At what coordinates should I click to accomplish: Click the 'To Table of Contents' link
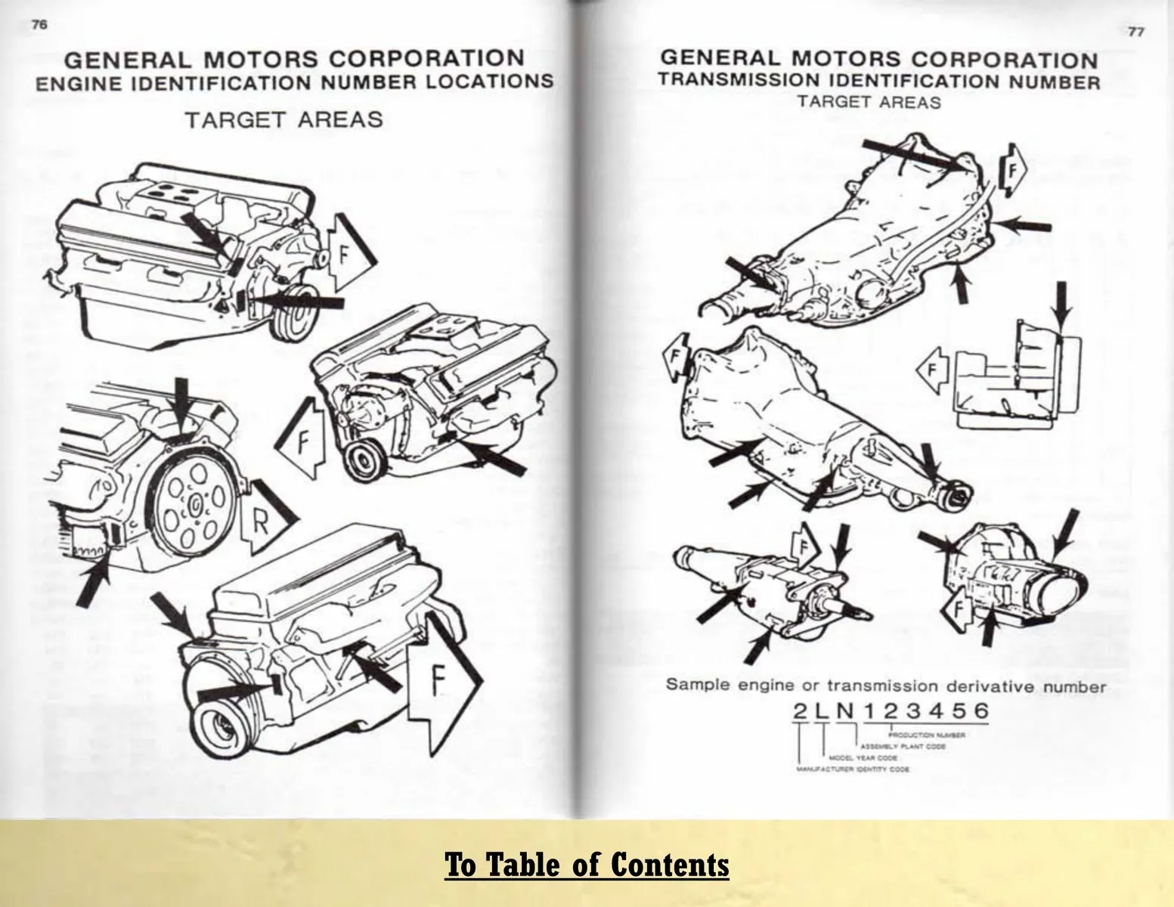pos(587,864)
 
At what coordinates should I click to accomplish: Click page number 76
pos(39,24)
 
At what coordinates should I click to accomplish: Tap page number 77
pos(1135,31)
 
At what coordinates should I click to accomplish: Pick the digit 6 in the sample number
pos(980,711)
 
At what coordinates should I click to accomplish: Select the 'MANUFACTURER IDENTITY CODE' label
pos(852,769)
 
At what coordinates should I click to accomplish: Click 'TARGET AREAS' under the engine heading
pos(284,120)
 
